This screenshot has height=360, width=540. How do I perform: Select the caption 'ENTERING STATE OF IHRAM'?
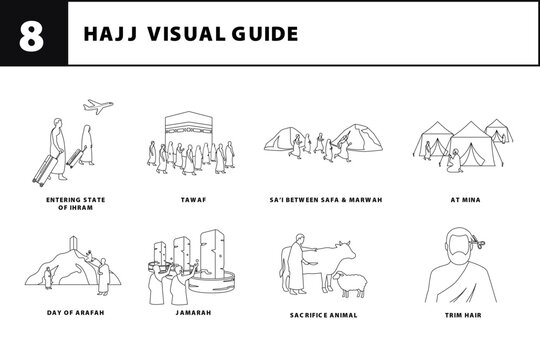75,203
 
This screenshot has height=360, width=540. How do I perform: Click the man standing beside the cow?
298,267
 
